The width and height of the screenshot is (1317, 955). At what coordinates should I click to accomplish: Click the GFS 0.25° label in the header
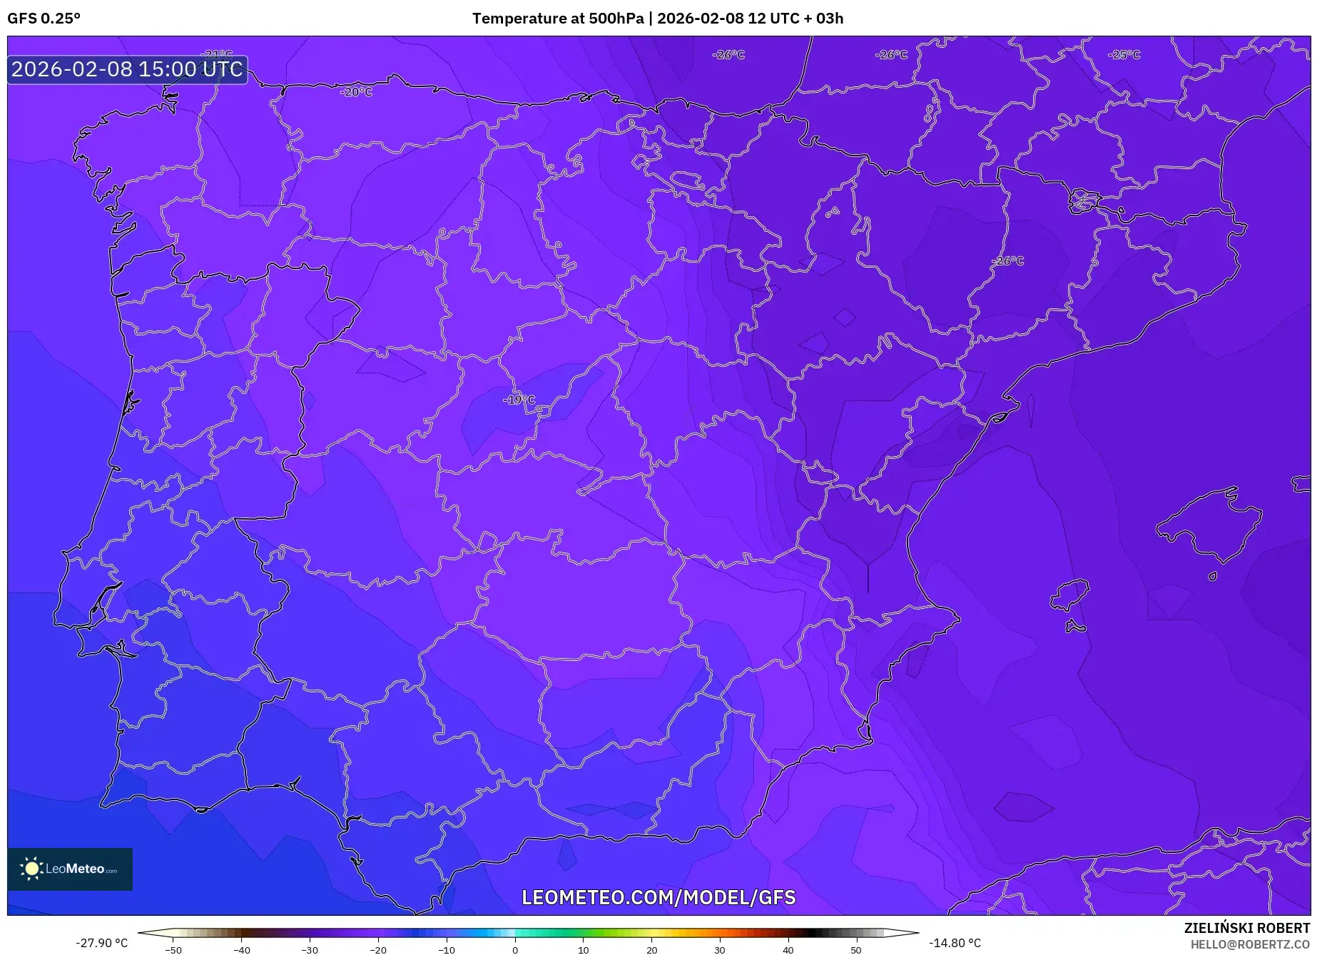(44, 19)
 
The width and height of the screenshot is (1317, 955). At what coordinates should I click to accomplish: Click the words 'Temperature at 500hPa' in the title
(557, 19)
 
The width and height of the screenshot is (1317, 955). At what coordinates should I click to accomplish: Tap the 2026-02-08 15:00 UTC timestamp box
(127, 69)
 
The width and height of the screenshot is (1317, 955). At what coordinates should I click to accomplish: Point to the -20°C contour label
(356, 92)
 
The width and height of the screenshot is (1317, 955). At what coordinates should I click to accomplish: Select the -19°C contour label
(519, 400)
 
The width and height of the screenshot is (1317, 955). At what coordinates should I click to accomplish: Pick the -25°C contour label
(1124, 55)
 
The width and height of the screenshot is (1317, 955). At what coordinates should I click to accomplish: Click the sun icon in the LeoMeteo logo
(31, 869)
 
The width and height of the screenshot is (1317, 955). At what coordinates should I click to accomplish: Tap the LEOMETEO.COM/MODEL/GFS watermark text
(658, 897)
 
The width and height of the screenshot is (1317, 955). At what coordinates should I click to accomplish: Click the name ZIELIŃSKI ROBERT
(1246, 928)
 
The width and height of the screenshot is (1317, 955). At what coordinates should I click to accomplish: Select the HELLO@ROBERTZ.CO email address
(1250, 944)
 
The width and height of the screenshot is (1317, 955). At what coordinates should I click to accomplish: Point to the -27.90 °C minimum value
(101, 943)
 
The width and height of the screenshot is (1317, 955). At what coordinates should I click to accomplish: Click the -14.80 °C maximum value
(955, 943)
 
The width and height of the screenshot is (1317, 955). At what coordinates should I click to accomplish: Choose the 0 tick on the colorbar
(515, 949)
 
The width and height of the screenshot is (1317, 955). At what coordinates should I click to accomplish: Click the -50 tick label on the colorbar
(173, 950)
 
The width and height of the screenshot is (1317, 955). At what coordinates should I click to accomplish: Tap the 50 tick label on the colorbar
(856, 950)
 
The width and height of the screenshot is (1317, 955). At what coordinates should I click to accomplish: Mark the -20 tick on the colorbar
(378, 949)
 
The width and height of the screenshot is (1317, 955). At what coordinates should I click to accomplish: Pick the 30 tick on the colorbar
(720, 949)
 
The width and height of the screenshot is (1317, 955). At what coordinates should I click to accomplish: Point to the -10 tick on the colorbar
(447, 949)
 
